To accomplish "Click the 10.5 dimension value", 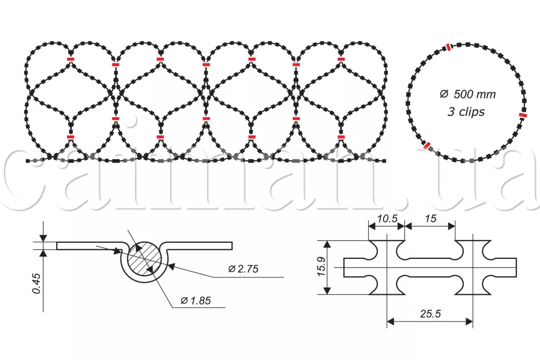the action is (387, 219).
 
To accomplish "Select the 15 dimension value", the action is (430, 219).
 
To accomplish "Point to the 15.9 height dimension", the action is (321, 267).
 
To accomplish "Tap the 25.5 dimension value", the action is (430, 314).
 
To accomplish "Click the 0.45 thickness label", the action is (36, 283).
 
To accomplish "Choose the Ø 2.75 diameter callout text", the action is (243, 268).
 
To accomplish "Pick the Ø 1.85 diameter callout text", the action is (196, 301).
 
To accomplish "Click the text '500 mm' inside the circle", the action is (475, 94).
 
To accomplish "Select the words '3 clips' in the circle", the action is (466, 112).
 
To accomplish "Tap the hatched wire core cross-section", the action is (144, 259).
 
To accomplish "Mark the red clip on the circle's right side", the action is (523, 115).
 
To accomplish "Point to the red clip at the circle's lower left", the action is (427, 146).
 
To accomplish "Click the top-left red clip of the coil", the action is (70, 59).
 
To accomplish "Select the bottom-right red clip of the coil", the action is (341, 137).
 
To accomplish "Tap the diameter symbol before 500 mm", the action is (444, 94).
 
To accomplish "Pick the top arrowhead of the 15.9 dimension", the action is (328, 244).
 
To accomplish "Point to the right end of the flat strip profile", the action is (232, 246).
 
